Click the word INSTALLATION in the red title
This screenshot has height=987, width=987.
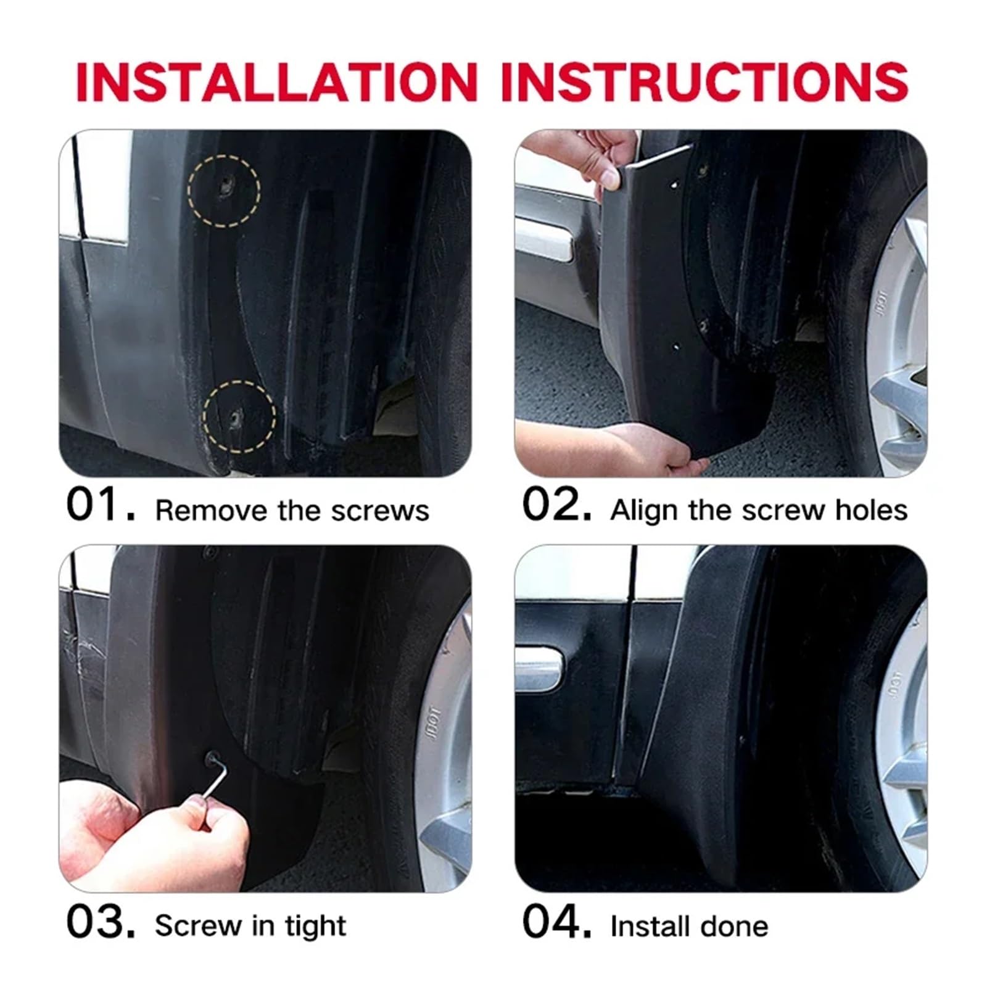pyautogui.click(x=276, y=81)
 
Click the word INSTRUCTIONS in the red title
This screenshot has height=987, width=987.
pyautogui.click(x=704, y=81)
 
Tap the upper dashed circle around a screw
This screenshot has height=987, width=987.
pyautogui.click(x=224, y=191)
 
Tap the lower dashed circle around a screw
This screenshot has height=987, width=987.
pyautogui.click(x=239, y=416)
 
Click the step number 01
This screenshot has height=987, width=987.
pyautogui.click(x=99, y=505)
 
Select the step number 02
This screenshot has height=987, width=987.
pyautogui.click(x=556, y=505)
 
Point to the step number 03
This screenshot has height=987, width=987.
pyautogui.click(x=99, y=923)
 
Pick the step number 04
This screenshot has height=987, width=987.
pyautogui.click(x=556, y=923)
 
